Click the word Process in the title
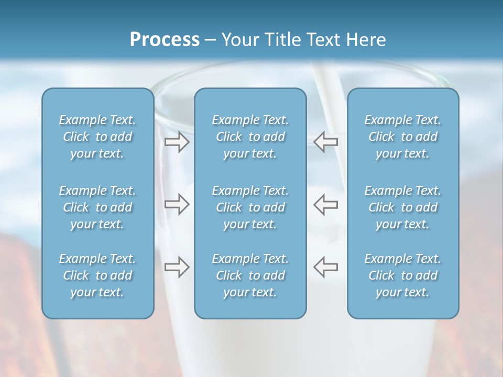point(165,40)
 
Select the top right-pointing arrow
point(177,141)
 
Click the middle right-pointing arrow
point(177,204)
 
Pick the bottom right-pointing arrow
point(177,267)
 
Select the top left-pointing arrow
point(326,141)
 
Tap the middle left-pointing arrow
point(326,204)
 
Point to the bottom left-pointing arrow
point(326,267)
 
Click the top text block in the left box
point(97,137)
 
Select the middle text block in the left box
point(97,207)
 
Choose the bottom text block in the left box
point(97,275)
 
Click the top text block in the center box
point(250,137)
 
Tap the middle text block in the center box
point(250,207)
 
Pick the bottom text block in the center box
point(250,275)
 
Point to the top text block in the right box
point(403,137)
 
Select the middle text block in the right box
point(403,207)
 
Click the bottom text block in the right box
point(403,275)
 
